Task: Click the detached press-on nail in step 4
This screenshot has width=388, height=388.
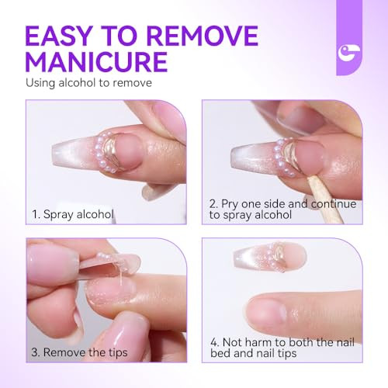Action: [268, 257]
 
